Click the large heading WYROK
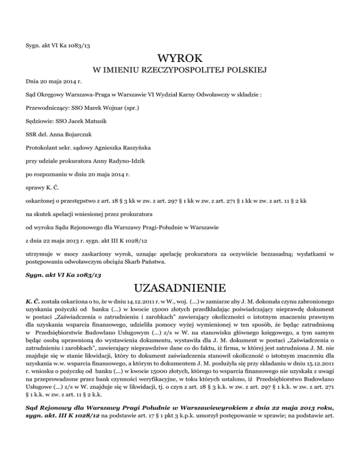(x=180, y=59)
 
